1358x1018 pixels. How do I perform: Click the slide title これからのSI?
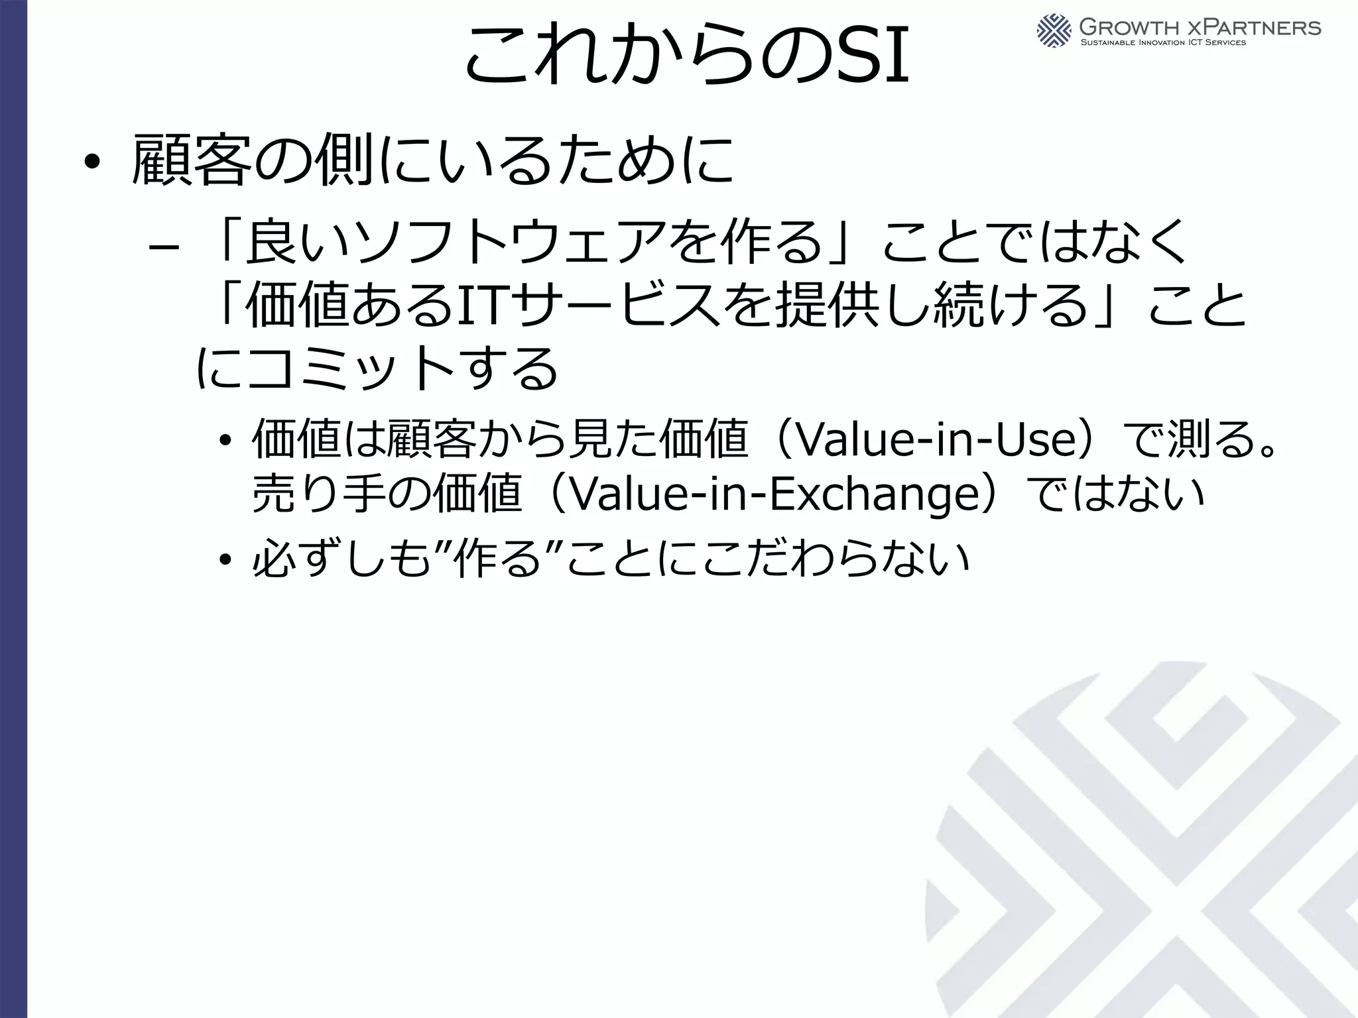[x=686, y=56]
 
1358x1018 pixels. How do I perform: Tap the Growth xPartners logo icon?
[x=1054, y=30]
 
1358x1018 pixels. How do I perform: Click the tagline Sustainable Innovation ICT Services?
[x=1163, y=43]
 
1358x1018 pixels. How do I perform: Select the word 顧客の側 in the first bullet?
[x=252, y=161]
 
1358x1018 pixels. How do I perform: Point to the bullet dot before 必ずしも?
[x=226, y=561]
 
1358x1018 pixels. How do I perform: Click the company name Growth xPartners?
[x=1200, y=27]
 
